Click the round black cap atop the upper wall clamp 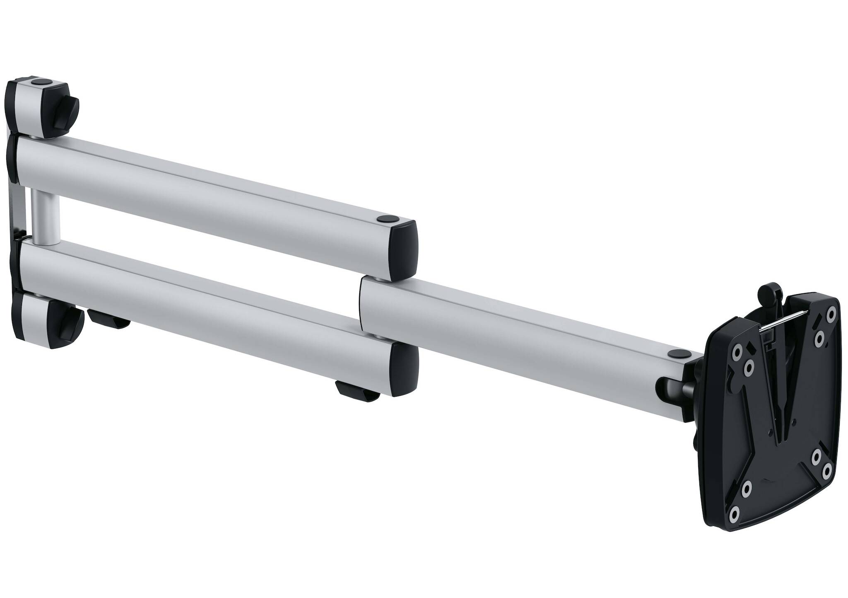[x=41, y=83]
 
